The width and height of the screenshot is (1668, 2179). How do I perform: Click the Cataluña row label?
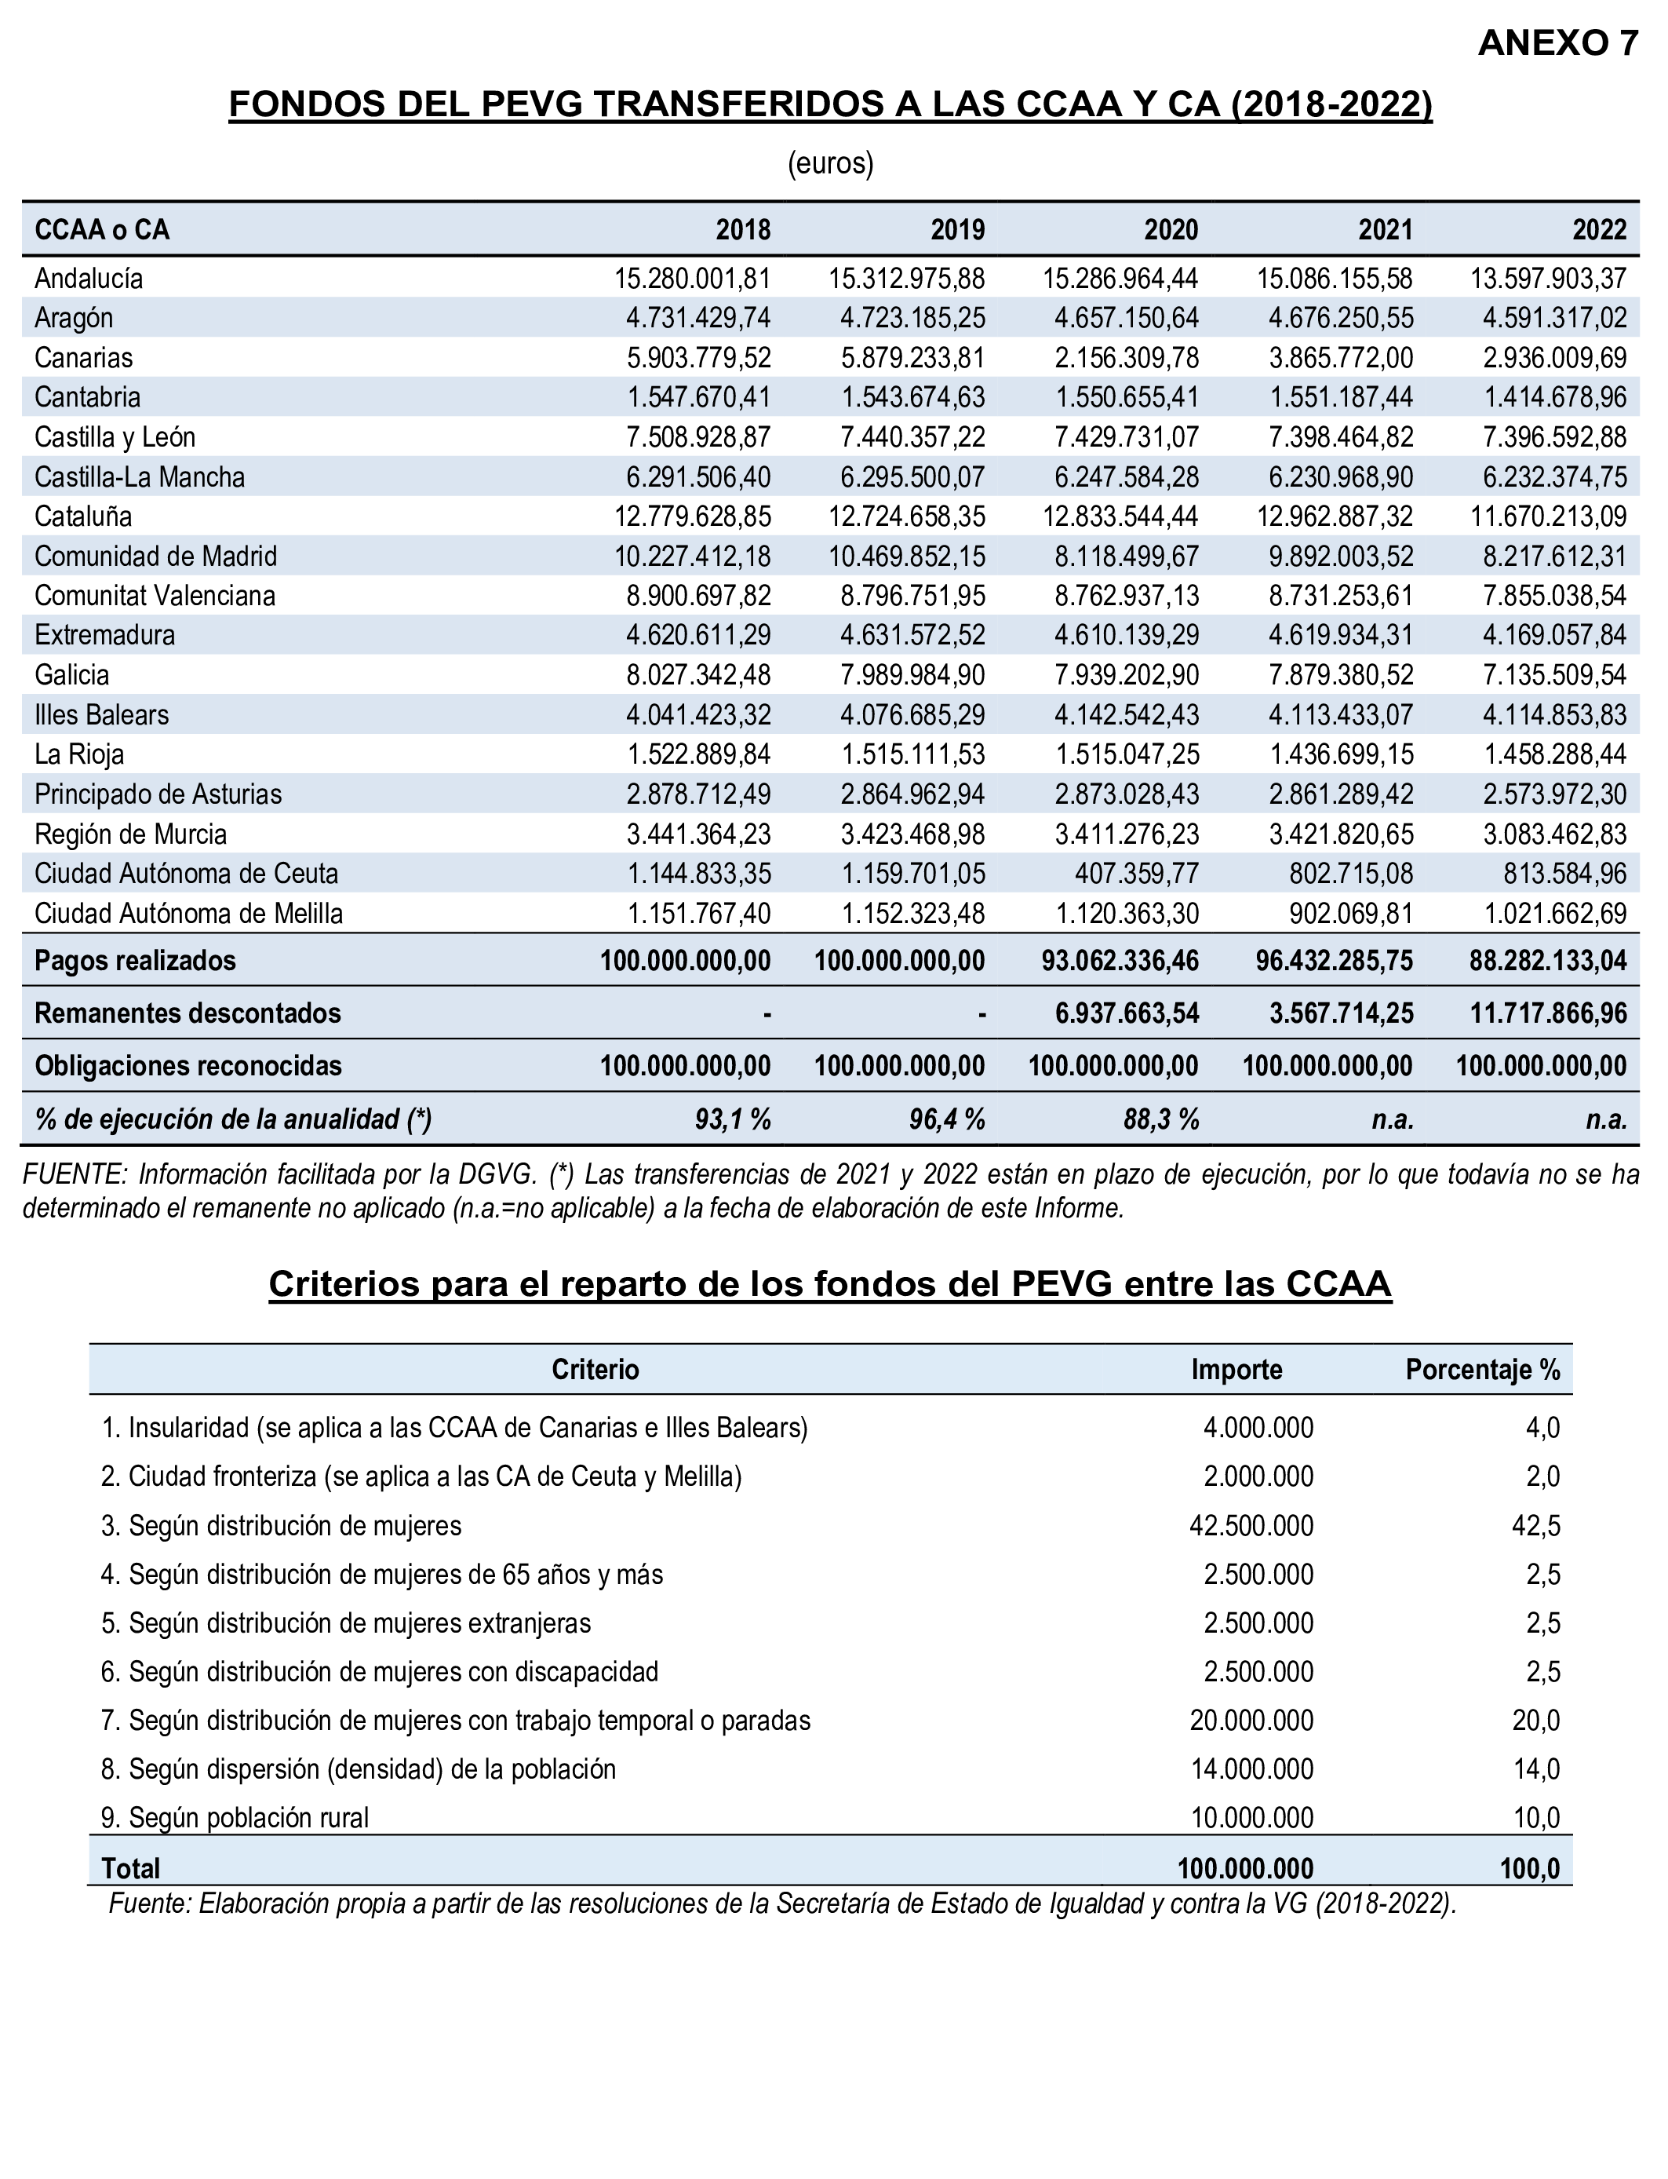(x=82, y=516)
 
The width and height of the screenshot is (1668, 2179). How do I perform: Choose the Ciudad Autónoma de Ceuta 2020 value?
(x=1137, y=874)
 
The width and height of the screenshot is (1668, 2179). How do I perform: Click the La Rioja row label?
(x=78, y=755)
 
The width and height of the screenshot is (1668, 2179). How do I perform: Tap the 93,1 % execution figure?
(x=733, y=1119)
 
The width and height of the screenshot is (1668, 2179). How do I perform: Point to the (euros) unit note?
(x=830, y=164)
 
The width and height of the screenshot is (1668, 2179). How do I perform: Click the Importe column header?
(x=1236, y=1370)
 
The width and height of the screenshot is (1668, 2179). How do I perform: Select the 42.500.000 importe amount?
(x=1251, y=1525)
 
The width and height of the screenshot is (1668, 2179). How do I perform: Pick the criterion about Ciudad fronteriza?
(x=421, y=1476)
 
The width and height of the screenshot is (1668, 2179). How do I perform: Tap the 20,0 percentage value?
(x=1536, y=1720)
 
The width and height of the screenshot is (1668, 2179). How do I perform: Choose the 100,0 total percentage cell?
(x=1530, y=1869)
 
